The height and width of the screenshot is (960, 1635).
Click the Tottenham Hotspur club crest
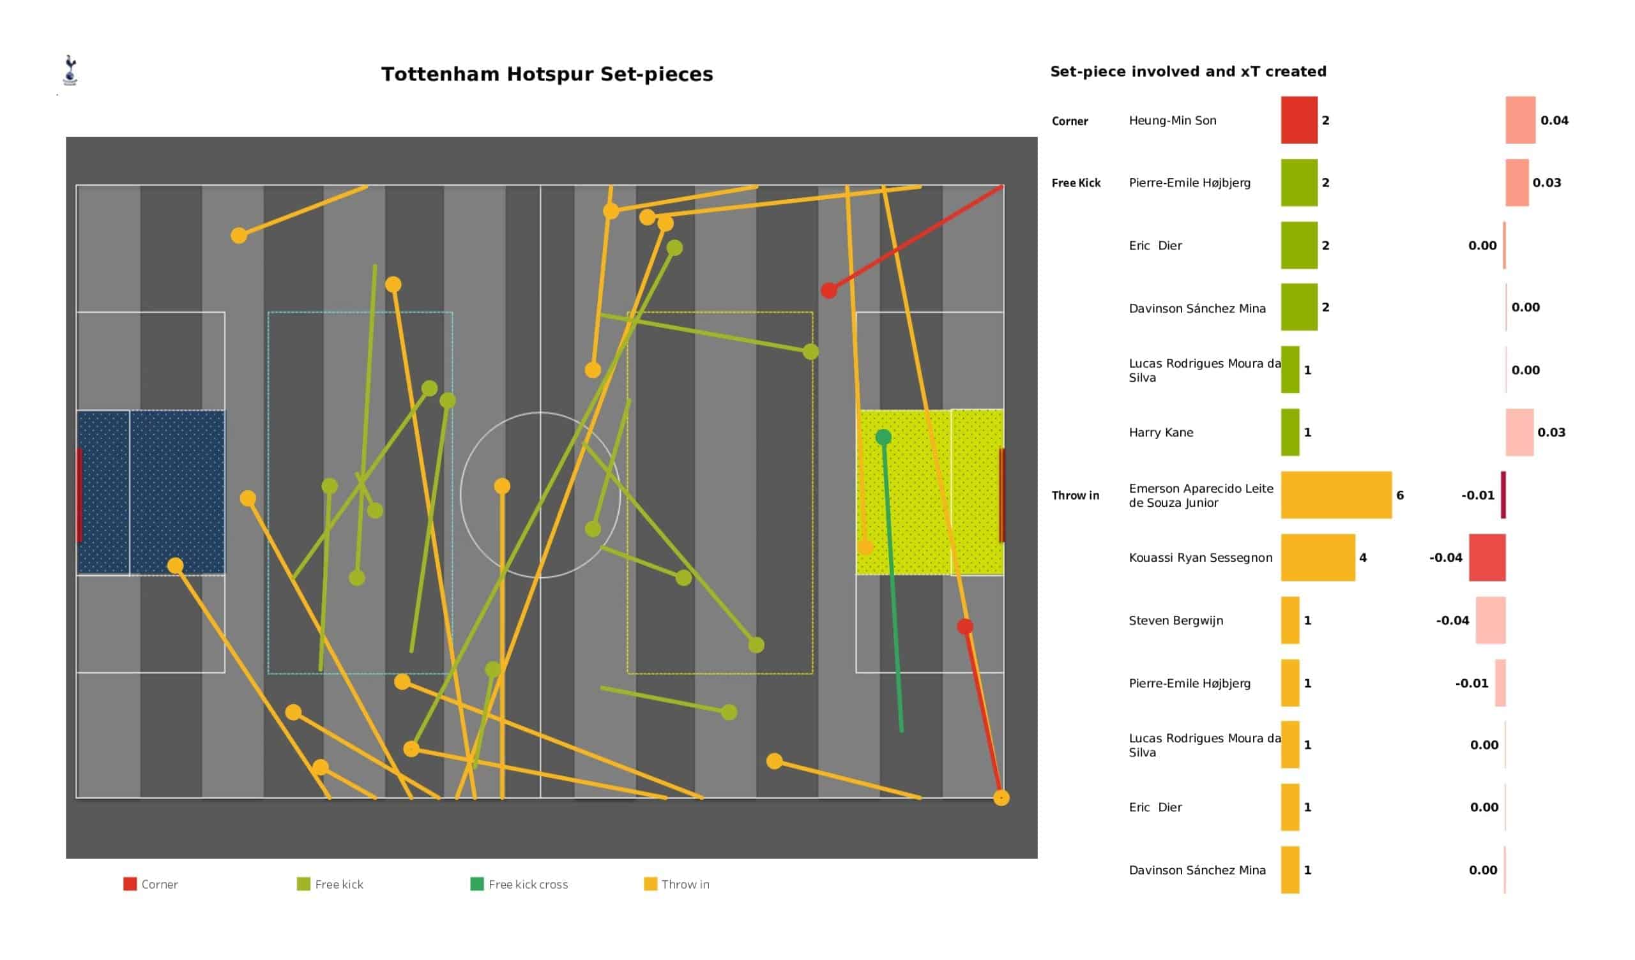70,70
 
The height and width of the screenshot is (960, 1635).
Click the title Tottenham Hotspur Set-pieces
547,75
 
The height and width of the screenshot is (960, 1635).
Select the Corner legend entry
151,884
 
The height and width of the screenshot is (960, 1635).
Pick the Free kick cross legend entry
519,884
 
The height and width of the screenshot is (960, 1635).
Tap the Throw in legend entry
677,884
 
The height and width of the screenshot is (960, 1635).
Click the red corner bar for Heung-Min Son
1299,120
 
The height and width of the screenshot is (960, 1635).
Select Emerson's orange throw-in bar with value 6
1336,495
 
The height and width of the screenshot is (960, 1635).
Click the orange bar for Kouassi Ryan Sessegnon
1318,557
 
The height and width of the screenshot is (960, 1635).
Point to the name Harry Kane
1160,433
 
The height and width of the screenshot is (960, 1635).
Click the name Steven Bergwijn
1176,621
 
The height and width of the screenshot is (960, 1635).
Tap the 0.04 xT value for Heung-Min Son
1555,121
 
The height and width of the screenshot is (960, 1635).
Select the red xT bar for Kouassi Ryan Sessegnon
1487,557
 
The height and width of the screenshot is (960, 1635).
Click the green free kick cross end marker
883,437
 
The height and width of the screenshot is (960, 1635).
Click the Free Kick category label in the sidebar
1076,183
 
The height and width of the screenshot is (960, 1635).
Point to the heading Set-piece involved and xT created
1188,71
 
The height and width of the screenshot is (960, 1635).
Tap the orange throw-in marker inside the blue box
175,566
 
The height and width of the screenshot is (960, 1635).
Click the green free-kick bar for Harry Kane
1290,432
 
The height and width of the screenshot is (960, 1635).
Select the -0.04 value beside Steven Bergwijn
1452,621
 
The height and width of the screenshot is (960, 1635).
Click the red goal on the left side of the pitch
79,495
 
